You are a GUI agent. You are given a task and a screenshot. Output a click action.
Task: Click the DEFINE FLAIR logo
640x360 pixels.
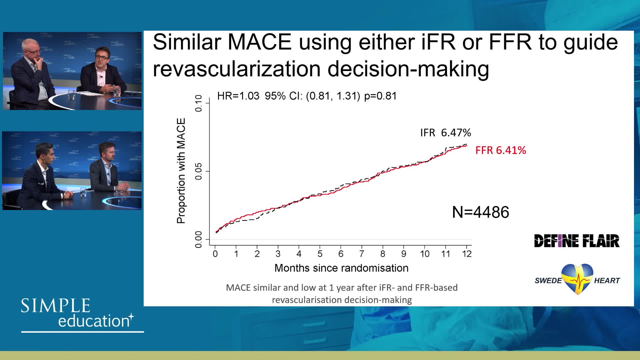(x=577, y=241)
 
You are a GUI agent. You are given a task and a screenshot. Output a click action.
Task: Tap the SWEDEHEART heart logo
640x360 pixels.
(x=577, y=279)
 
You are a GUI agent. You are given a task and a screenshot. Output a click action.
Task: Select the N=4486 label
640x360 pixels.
(x=480, y=212)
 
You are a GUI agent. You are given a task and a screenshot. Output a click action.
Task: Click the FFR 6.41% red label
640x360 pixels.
(x=500, y=150)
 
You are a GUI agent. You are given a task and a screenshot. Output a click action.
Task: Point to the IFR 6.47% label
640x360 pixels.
(x=445, y=133)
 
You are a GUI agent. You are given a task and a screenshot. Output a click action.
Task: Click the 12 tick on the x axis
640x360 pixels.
(x=467, y=254)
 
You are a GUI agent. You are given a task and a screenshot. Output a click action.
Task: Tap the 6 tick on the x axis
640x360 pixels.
(x=341, y=254)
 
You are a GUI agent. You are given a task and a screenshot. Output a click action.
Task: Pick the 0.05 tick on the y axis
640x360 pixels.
(x=199, y=171)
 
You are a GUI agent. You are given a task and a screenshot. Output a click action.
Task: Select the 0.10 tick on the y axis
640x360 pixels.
(x=199, y=103)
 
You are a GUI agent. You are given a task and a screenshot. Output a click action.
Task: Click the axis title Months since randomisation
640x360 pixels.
(x=341, y=268)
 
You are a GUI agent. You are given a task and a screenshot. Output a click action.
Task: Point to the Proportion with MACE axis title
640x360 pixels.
(x=181, y=171)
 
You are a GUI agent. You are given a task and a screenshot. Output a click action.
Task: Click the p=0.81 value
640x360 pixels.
(x=380, y=96)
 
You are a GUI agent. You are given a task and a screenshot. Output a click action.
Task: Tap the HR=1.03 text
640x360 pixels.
(x=238, y=96)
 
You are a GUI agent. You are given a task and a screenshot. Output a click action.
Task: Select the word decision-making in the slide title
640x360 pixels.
(x=408, y=69)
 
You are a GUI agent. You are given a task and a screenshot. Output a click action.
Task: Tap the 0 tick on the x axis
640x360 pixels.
(x=215, y=254)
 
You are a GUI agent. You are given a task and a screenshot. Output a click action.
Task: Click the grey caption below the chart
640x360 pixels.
(x=342, y=294)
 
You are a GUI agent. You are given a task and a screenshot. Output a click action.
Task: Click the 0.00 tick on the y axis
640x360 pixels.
(x=199, y=239)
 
